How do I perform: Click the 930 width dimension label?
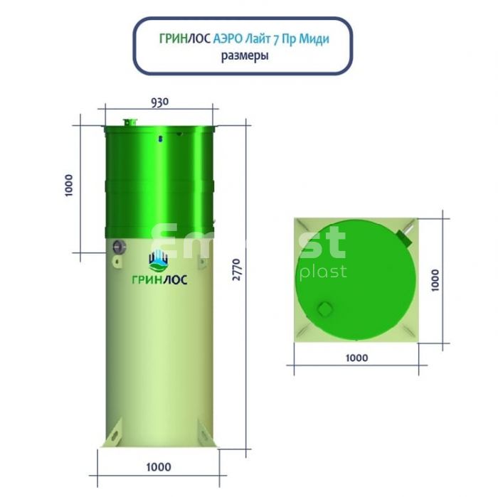point(160,102)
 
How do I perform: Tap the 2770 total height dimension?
point(237,269)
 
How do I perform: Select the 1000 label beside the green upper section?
point(68,186)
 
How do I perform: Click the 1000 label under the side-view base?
point(159,467)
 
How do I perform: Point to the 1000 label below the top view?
point(356,358)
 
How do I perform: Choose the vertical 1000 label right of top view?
point(435,280)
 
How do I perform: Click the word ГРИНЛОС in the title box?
point(185,38)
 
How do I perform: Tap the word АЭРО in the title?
point(228,38)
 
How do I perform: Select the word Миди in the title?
point(314,39)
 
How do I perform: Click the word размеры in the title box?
point(245,56)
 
